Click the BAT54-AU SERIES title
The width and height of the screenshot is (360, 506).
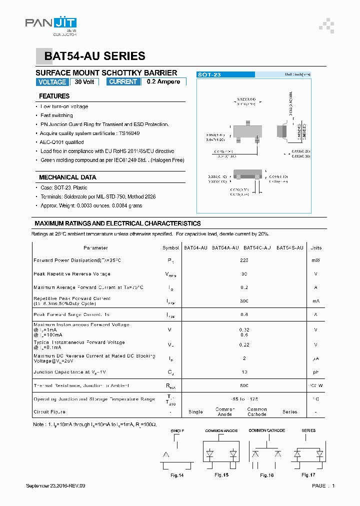pyautogui.click(x=95, y=56)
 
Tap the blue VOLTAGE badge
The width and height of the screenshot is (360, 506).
pyautogui.click(x=52, y=82)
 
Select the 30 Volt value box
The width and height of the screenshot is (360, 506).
pyautogui.click(x=84, y=82)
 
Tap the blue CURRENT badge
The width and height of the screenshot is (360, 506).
pyautogui.click(x=123, y=82)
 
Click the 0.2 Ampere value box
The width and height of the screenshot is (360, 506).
pyautogui.click(x=163, y=82)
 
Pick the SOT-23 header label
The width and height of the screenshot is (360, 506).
pyautogui.click(x=209, y=74)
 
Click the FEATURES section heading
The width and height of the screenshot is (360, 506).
pyautogui.click(x=54, y=96)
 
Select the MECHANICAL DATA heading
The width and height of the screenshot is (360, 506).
pyautogui.click(x=67, y=177)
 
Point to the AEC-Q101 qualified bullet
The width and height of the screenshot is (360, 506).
pyautogui.click(x=62, y=142)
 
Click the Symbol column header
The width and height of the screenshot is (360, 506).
pyautogui.click(x=170, y=248)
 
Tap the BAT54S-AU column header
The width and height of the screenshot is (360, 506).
pyautogui.click(x=289, y=248)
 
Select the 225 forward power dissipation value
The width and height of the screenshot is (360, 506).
pyautogui.click(x=244, y=260)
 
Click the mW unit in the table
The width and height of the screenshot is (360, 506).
pyautogui.click(x=316, y=260)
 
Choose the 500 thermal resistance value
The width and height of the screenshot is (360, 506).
pyautogui.click(x=244, y=386)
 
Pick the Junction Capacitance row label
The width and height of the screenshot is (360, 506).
pyautogui.click(x=69, y=372)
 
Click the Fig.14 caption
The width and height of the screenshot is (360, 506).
pyautogui.click(x=177, y=475)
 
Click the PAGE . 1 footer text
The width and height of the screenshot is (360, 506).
pyautogui.click(x=323, y=486)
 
